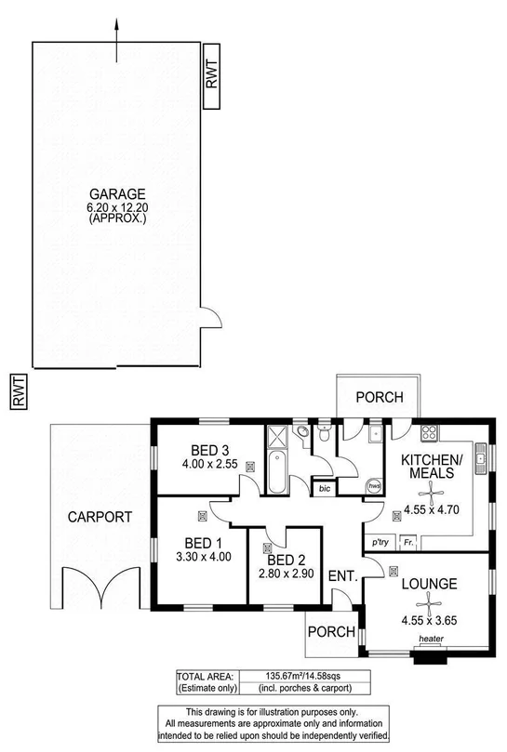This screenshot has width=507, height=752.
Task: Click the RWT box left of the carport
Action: coord(18,389)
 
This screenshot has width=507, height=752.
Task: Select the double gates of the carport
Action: coord(98,585)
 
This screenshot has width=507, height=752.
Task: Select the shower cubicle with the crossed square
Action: coord(278,436)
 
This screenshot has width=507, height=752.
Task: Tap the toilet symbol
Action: coord(323,434)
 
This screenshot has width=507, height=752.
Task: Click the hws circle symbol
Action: coord(374,486)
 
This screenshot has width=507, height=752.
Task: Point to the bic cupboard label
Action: coord(324,488)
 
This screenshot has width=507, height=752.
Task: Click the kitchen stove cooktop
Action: coord(430,431)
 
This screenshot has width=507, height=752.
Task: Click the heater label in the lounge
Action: coord(430,639)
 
